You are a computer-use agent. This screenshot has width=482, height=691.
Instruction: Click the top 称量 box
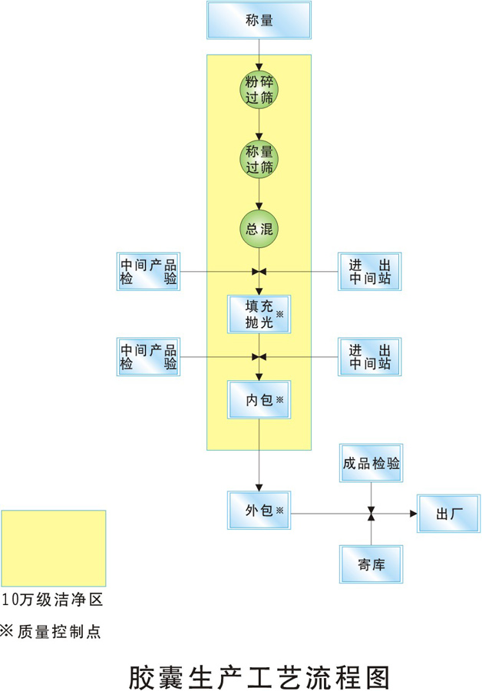click(259, 21)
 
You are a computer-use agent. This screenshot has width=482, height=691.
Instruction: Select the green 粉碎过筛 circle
click(259, 90)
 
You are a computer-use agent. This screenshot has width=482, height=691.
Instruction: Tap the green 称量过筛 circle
click(259, 159)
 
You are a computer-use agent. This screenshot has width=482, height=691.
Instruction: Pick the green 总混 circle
click(259, 229)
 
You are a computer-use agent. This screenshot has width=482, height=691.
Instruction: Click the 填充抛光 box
click(259, 313)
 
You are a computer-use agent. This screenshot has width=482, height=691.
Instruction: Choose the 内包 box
click(259, 399)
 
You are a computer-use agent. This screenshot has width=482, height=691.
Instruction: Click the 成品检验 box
click(371, 463)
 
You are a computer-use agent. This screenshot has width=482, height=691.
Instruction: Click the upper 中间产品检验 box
click(148, 272)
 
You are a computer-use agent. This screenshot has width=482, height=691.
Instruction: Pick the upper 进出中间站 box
click(370, 272)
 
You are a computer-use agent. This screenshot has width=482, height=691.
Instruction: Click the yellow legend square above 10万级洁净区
click(54, 548)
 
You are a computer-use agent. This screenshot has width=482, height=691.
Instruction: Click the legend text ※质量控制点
click(51, 632)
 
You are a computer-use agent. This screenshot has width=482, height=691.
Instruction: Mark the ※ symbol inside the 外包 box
click(279, 511)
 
